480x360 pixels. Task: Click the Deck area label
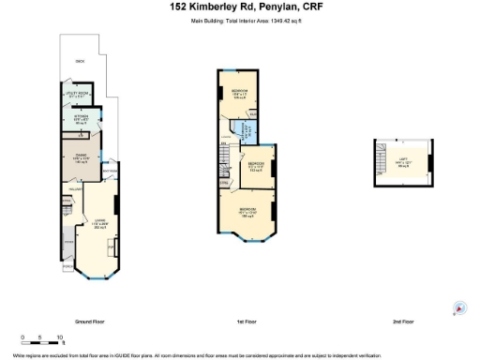[79, 61]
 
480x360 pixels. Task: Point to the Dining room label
[80, 158]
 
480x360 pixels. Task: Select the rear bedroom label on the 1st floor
[238, 92]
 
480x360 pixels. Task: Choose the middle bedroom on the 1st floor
[257, 167]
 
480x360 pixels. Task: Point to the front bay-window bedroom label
[247, 211]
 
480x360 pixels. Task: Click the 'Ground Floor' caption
[88, 322]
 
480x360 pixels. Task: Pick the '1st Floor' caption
[247, 322]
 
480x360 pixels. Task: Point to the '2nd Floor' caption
[403, 322]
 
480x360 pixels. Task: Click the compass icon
[459, 308]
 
